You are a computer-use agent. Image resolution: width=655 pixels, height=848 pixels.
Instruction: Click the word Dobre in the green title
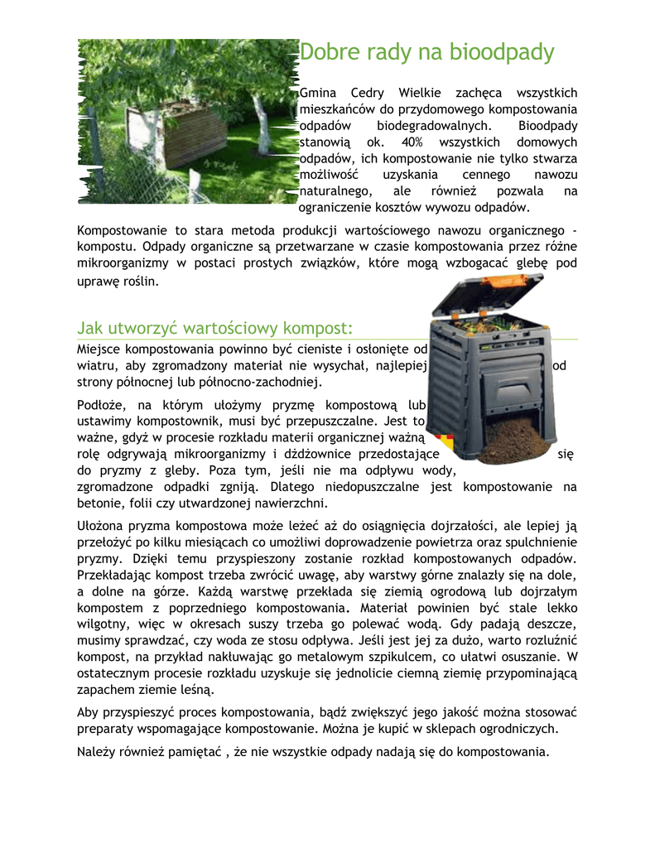[326, 53]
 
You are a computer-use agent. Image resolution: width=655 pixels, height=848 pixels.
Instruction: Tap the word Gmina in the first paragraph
[315, 93]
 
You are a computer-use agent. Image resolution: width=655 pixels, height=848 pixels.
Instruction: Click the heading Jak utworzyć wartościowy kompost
[215, 327]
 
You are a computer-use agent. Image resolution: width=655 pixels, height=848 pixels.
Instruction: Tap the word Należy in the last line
[97, 752]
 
